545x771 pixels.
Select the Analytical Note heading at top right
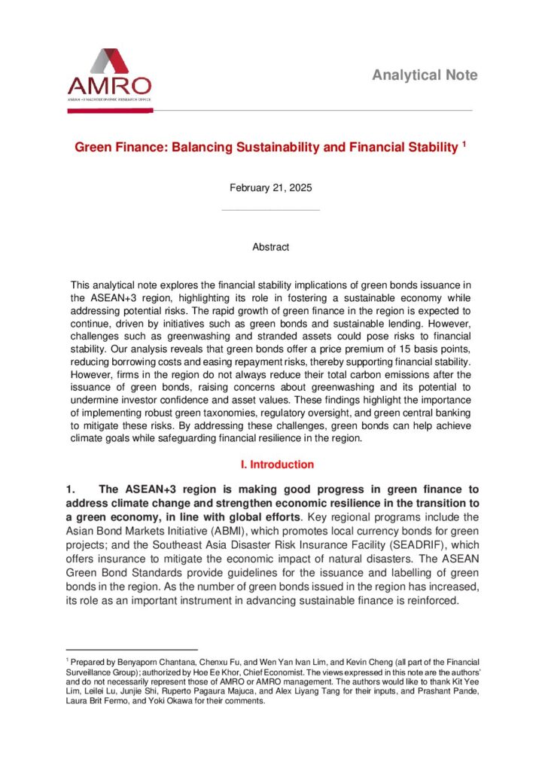pos(425,75)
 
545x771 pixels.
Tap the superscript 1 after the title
pos(464,143)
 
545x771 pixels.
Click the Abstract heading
pos(271,247)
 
